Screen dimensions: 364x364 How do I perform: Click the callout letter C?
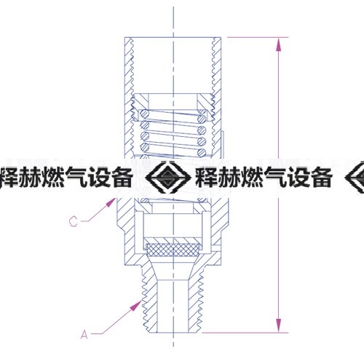[x=74, y=221]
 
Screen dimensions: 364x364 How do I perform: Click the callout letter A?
[x=84, y=335]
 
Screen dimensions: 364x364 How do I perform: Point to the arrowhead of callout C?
[x=111, y=202]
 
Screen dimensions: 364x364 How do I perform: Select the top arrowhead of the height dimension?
[x=279, y=44]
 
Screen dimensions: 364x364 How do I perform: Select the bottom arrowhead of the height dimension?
[x=279, y=325]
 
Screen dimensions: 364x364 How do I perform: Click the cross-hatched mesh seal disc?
[x=173, y=250]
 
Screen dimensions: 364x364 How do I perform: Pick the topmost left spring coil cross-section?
[x=145, y=114]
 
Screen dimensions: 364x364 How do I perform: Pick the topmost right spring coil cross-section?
[x=201, y=119]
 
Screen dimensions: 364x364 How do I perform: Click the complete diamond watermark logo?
[x=168, y=178]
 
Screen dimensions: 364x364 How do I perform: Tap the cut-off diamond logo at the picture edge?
[x=355, y=178]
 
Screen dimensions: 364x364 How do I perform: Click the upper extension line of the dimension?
[x=258, y=37]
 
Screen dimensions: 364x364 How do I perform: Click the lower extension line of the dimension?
[x=245, y=333]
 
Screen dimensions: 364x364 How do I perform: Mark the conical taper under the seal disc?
[x=173, y=269]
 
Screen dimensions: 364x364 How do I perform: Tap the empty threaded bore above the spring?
[x=173, y=66]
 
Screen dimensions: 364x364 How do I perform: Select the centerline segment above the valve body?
[x=173, y=22]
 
